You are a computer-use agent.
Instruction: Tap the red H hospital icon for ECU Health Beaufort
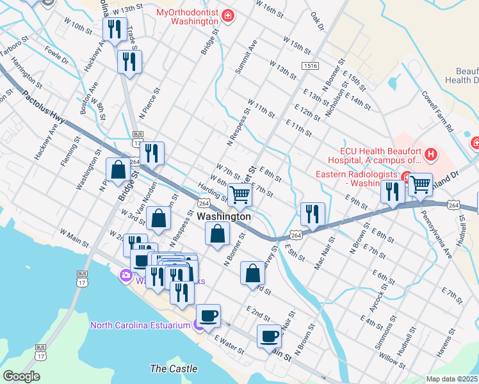432,154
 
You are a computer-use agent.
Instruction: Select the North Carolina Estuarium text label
140,325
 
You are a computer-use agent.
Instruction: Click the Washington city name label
223,217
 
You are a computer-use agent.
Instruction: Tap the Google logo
21,376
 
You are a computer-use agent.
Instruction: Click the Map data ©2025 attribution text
452,379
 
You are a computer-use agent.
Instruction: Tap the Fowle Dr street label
57,53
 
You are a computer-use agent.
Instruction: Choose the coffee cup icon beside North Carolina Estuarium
208,315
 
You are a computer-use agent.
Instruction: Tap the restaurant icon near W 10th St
114,29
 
